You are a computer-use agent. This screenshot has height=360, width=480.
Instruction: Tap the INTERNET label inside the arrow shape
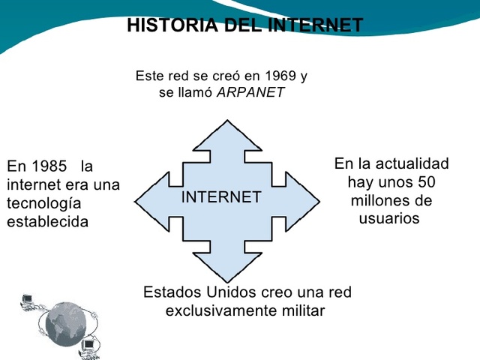[x=221, y=198]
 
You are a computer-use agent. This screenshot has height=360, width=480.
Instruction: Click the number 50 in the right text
[x=426, y=182]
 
